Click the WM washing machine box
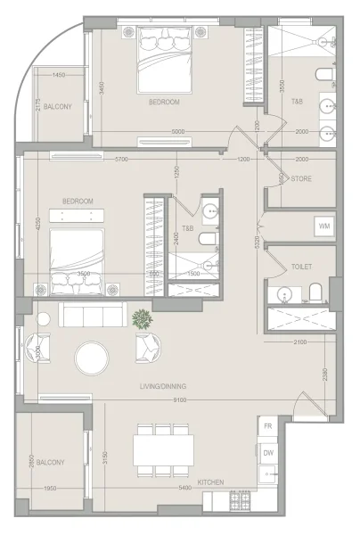coord(325,226)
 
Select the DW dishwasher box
coord(268,453)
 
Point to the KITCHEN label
coord(210,482)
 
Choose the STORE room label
coord(301,178)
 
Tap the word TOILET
coord(301,267)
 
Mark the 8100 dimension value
coord(180,399)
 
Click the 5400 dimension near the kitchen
coord(184,489)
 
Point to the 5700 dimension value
coord(121,160)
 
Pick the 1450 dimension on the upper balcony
coord(59,75)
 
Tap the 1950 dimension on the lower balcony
coord(50,489)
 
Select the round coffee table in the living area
coord(93,358)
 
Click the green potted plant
coord(141,318)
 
